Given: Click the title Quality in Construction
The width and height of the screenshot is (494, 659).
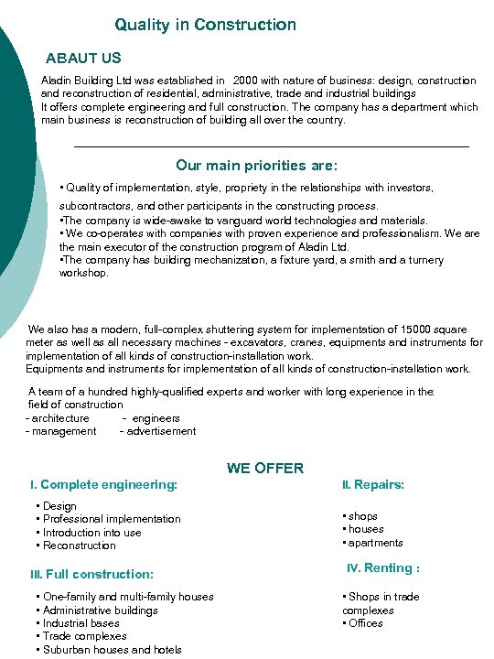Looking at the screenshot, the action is [205, 25].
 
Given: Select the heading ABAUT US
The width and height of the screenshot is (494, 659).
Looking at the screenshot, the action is [83, 59].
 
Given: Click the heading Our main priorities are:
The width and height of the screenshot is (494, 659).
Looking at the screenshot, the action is [256, 166].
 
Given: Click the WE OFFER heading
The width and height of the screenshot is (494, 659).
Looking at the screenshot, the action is [265, 468].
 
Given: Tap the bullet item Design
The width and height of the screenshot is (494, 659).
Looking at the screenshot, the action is [59, 506].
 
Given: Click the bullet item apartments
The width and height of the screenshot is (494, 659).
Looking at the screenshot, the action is [375, 543].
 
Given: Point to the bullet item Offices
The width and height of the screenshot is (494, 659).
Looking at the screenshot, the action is [365, 623].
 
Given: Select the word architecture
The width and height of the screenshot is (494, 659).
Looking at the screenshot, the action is [60, 418].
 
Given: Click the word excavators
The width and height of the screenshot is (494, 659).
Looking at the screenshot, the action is [305, 343].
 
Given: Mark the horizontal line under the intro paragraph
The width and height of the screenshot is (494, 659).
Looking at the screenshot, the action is [270, 146].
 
